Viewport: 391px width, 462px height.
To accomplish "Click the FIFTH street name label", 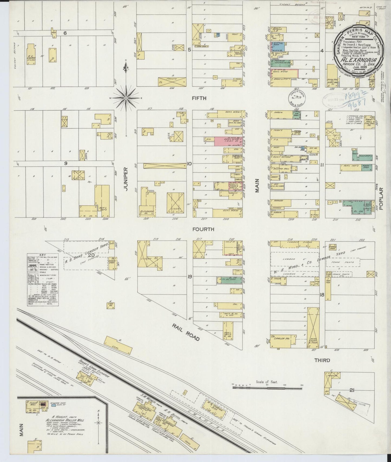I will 199,98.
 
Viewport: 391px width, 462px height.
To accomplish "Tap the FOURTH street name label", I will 203,229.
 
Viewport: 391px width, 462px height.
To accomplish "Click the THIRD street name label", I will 322,360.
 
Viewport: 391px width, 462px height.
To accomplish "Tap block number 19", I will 190,276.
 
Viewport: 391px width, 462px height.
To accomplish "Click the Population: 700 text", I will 352,42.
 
